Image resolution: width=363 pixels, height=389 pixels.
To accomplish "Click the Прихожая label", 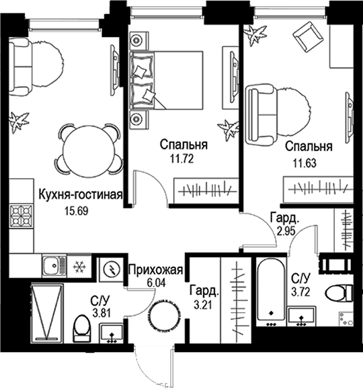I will coord(156,271).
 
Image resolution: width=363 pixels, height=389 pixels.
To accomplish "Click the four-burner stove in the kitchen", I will coord(20,216).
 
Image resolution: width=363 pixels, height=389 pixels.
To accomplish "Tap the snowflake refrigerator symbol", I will coord(77,266).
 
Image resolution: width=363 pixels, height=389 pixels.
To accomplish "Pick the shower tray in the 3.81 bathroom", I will coord(46,312).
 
